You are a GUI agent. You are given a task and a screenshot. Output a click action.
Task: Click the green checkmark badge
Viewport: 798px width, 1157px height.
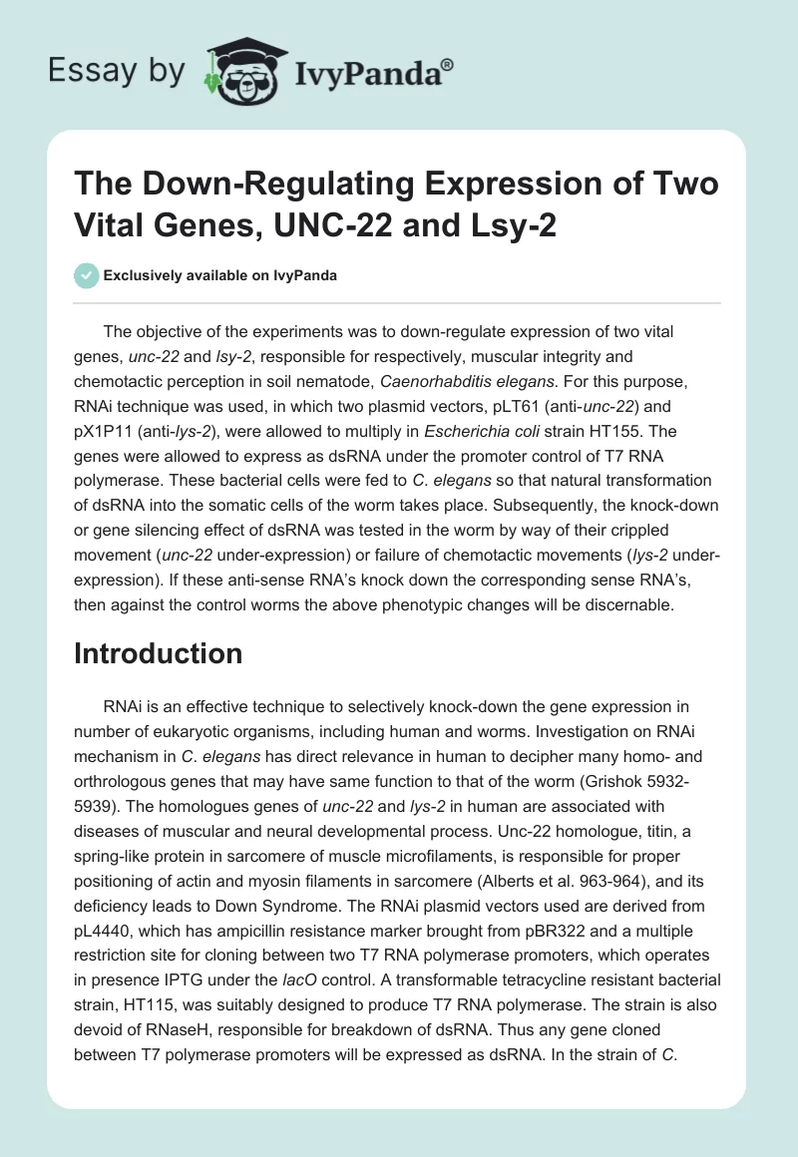88,275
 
